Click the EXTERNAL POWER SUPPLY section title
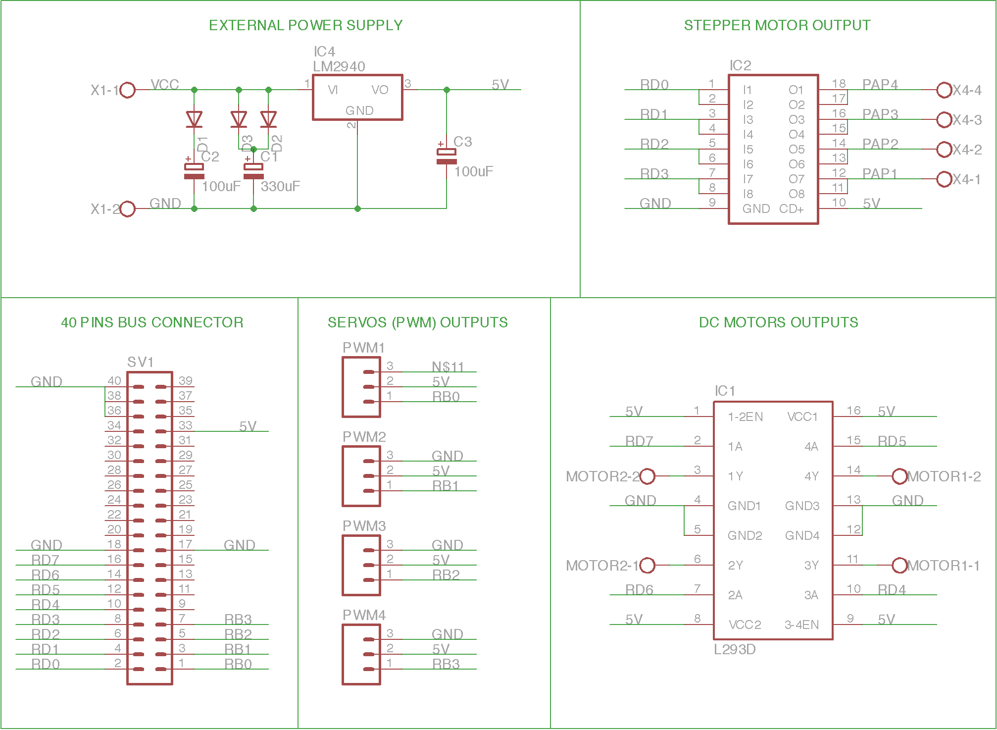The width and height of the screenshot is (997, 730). coord(305,25)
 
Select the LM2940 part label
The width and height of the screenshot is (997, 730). coord(339,66)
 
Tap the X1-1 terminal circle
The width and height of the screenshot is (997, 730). coord(128,90)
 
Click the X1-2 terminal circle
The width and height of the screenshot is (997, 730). coord(128,209)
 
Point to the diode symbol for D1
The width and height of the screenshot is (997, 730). coord(194,119)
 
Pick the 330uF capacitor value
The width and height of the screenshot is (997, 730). coord(280,186)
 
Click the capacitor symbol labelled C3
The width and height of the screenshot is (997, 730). coord(447,156)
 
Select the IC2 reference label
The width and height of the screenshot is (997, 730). coord(741,65)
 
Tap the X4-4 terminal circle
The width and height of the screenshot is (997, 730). coord(945,90)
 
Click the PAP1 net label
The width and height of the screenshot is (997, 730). coord(880,174)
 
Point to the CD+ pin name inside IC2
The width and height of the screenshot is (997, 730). coord(791,209)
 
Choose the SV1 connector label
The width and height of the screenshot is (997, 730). coord(141,362)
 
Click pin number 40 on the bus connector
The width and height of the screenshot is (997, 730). coord(114,381)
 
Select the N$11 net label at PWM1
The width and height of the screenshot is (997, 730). coord(448,367)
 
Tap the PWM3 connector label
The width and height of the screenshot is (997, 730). coord(364,526)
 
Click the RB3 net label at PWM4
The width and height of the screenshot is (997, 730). coord(446,664)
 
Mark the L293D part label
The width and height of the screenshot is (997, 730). coord(735,649)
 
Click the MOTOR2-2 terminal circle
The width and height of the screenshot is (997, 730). coord(648,476)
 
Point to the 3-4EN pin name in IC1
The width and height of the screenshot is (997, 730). coord(802,625)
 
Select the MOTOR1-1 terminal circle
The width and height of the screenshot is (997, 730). coord(900,566)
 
